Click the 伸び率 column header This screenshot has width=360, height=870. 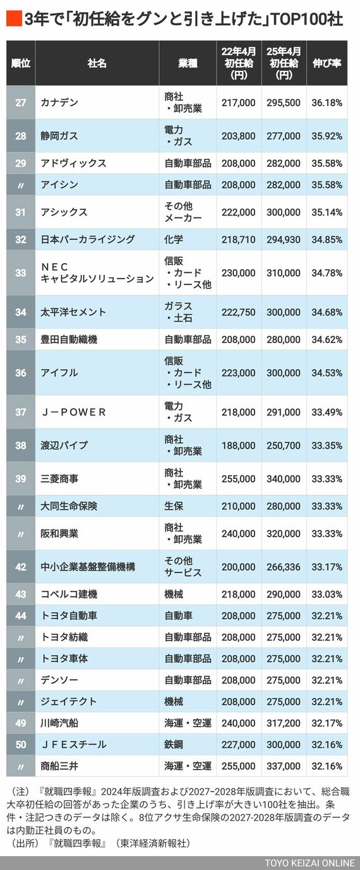tap(327, 63)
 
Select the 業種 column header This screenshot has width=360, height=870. tap(188, 63)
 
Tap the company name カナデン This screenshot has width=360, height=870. tap(61, 102)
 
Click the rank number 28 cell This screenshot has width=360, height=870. tap(21, 135)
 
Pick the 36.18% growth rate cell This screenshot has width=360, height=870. tap(327, 102)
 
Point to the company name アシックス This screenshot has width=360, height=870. tap(64, 212)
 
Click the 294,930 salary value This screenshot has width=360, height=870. tap(284, 239)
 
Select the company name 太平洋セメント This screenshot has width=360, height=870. tap(73, 311)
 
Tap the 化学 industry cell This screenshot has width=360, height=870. tap(174, 239)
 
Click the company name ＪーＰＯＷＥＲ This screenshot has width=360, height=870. tap(73, 412)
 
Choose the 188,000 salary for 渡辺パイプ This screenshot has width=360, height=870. tap(239, 445)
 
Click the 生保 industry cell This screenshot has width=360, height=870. tap(174, 506)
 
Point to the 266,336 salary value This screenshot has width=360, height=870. tap(284, 567)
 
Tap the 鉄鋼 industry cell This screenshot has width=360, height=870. tap(174, 744)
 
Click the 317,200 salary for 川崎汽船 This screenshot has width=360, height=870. tap(284, 723)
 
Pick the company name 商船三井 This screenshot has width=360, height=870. tap(60, 766)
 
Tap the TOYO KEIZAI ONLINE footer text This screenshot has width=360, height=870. tap(309, 863)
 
